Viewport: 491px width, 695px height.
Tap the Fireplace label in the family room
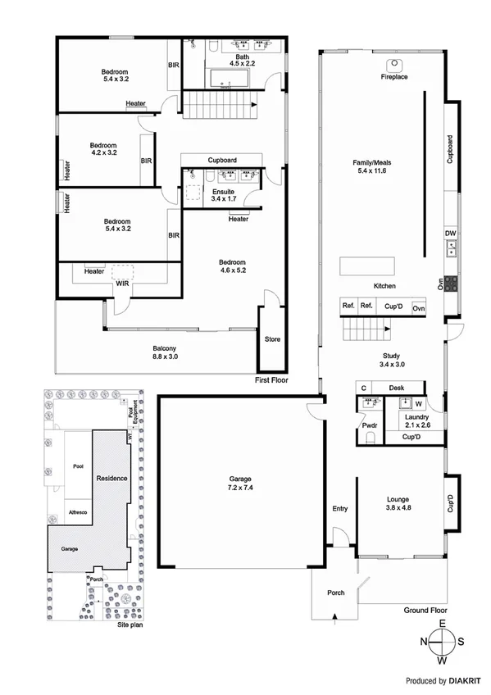pyautogui.click(x=393, y=77)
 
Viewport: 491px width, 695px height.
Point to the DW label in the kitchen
pyautogui.click(x=449, y=234)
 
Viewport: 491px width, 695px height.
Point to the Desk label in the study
pyautogui.click(x=397, y=388)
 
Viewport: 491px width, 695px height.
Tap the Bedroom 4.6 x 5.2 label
pyautogui.click(x=234, y=266)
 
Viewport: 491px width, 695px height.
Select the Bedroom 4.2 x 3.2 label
pyautogui.click(x=103, y=148)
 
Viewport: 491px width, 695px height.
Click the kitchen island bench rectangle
pyautogui.click(x=366, y=267)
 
